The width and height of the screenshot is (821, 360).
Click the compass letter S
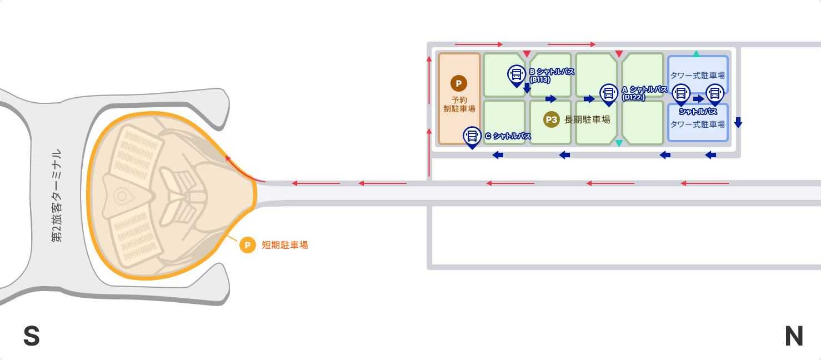[32, 336]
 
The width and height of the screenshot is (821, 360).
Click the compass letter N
[794, 336]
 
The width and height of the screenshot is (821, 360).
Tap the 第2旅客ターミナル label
[57, 196]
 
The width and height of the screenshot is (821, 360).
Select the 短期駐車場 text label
[285, 245]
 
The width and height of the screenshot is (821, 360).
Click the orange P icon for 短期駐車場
[248, 245]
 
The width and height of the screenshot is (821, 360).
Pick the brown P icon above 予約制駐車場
[459, 83]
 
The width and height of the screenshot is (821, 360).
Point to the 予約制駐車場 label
[459, 104]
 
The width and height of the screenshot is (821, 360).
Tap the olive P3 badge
[552, 119]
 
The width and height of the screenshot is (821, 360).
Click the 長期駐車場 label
[587, 119]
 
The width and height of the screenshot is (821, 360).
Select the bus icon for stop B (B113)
[517, 76]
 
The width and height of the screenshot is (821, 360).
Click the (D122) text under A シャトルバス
[633, 98]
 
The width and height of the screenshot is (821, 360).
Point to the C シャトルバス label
[508, 136]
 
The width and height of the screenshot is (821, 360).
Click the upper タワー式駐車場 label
[698, 76]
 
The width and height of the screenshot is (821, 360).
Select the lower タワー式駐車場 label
[698, 124]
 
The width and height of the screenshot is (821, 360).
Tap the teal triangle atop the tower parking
[697, 53]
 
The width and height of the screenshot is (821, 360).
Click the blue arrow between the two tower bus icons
[699, 99]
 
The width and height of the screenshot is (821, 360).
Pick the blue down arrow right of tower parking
[738, 122]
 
